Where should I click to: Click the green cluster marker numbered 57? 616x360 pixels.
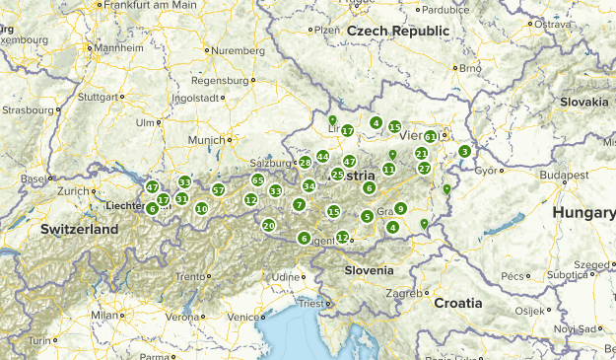point(219,189)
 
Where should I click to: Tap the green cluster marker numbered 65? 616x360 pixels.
point(257,180)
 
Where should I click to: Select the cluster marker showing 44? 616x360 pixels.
point(322,157)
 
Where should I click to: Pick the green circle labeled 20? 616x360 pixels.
point(268,226)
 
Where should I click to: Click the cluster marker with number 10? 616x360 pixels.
point(201,208)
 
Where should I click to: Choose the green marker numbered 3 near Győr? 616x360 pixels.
point(464,151)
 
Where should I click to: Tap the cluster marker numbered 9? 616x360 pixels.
point(400,208)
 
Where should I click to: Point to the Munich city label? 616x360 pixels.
point(207,141)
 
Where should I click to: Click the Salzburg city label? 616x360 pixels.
point(271,162)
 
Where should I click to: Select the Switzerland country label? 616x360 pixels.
point(79,229)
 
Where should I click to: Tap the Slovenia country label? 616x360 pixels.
point(369,270)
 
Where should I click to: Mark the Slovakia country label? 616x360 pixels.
point(583,102)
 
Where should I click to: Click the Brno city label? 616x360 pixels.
point(469,68)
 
